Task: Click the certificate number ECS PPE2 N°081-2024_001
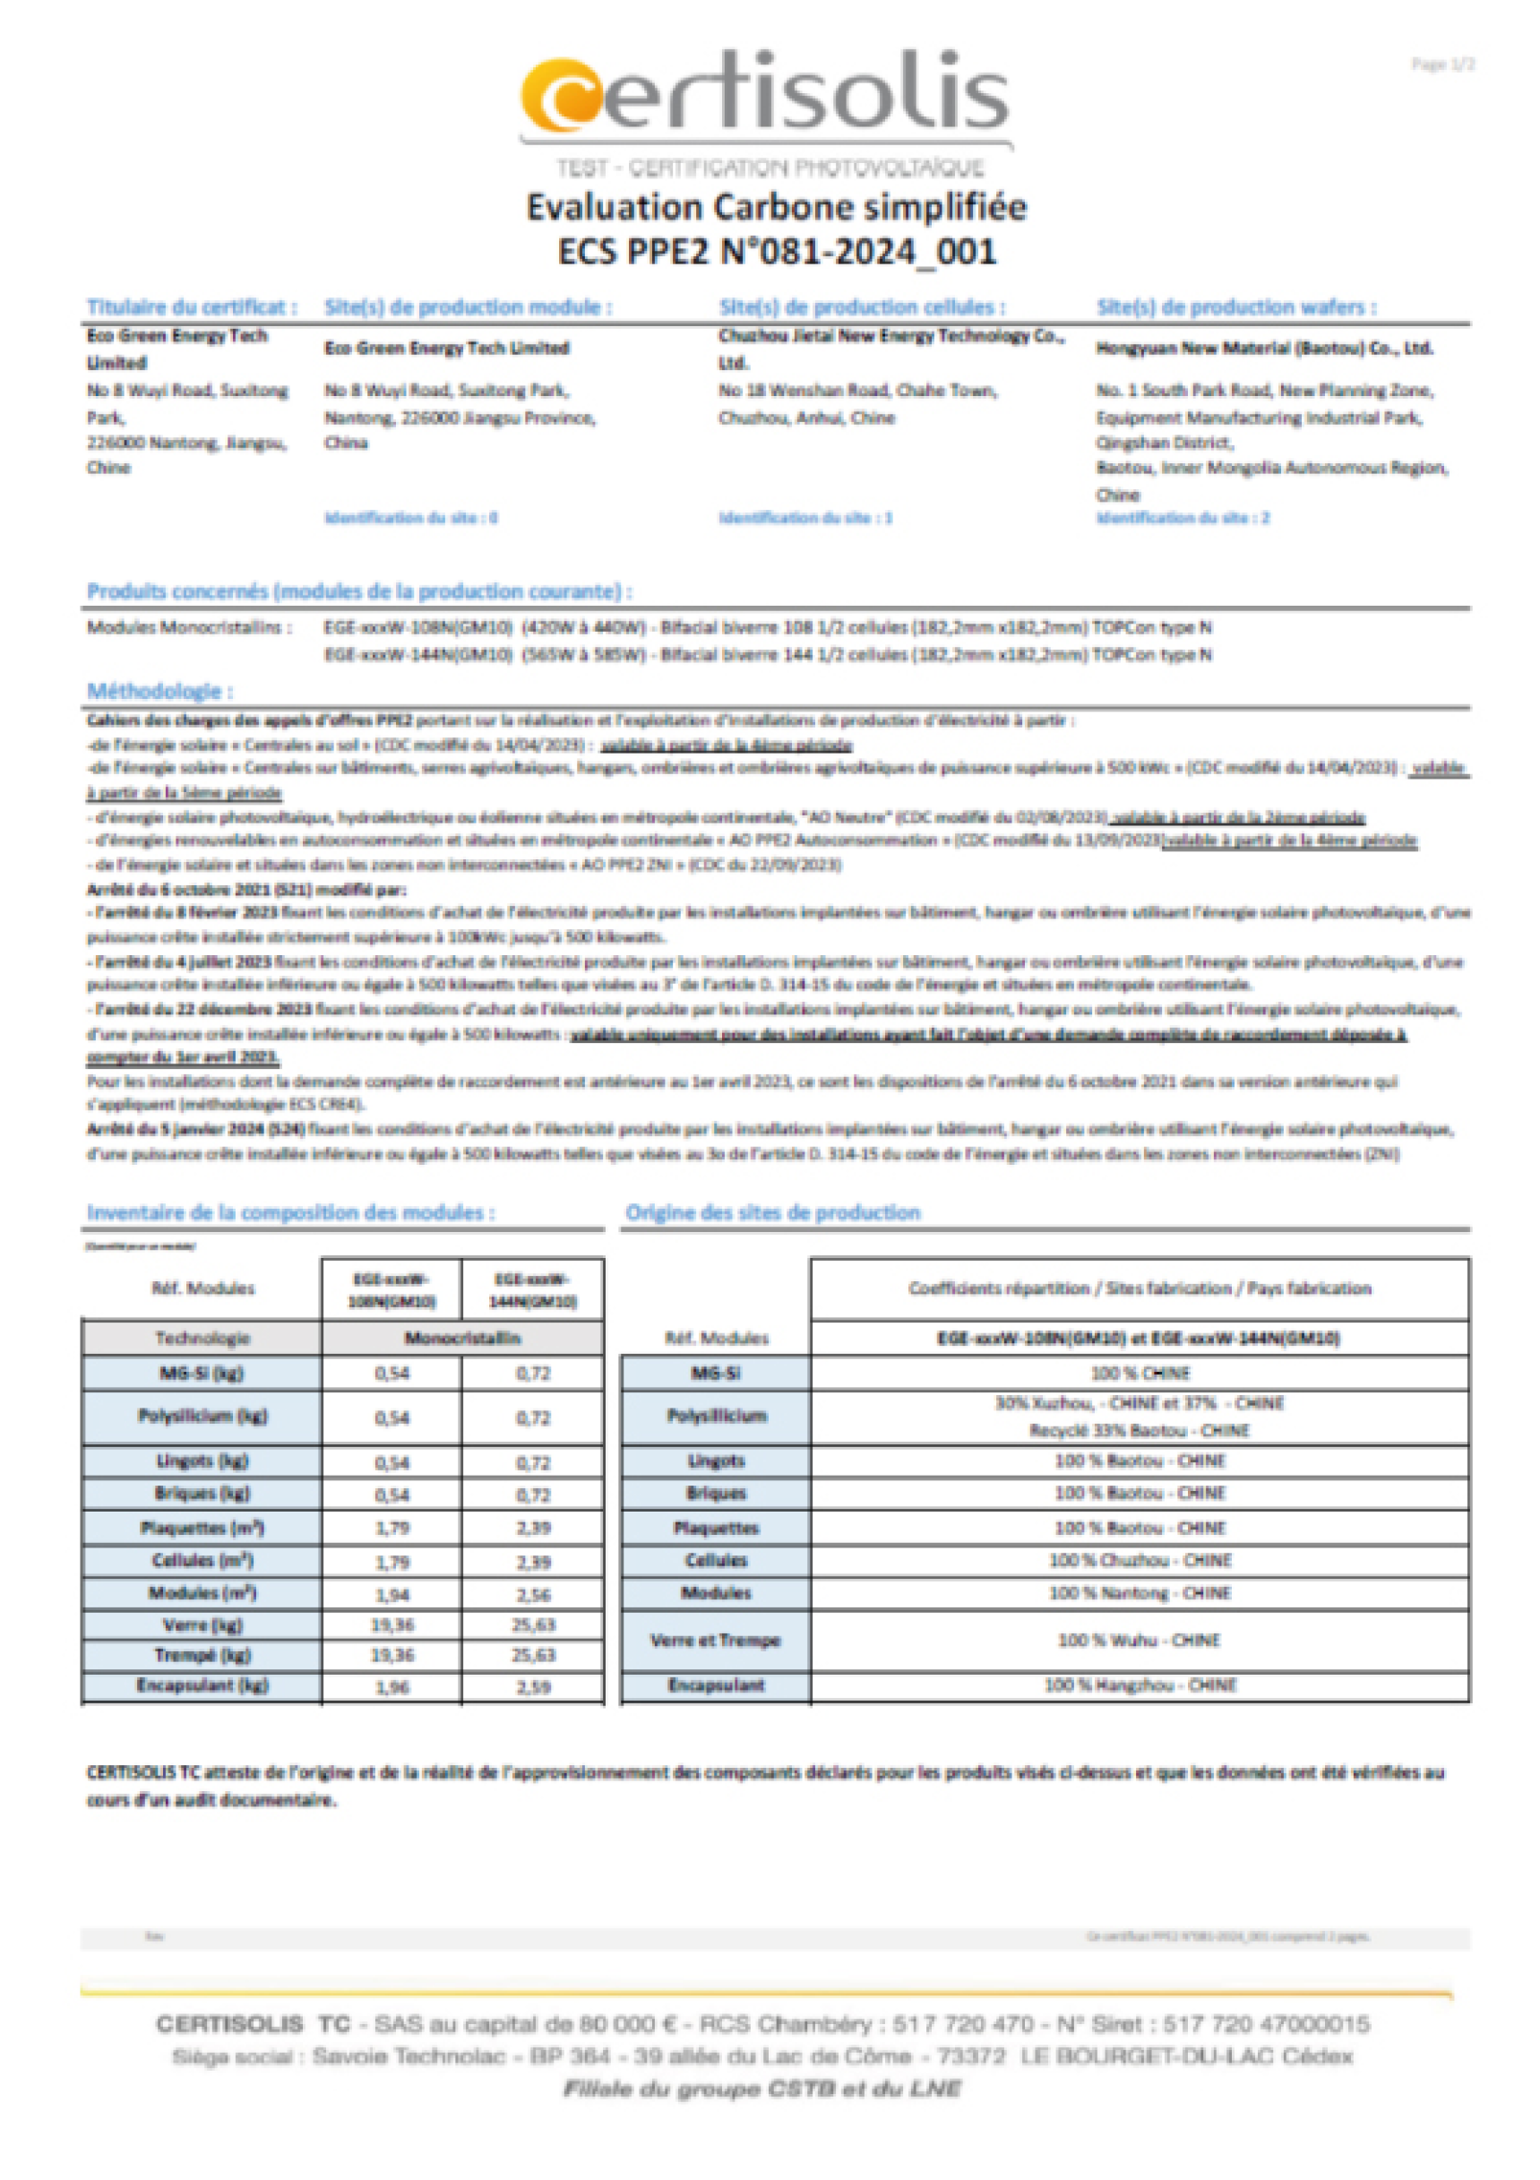[776, 252]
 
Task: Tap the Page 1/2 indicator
[1442, 65]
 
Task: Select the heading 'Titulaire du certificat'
[192, 306]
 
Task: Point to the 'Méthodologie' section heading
[159, 691]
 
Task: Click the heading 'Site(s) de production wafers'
[1235, 306]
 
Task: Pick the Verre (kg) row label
[202, 1624]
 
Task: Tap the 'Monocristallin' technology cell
[462, 1338]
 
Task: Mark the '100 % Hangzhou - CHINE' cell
[1140, 1685]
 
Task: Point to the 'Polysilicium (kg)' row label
[202, 1416]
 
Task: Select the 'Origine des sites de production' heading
[772, 1212]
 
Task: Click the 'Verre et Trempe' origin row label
[715, 1640]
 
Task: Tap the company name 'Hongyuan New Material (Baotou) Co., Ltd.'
[1264, 349]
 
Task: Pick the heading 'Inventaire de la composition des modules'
[290, 1212]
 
